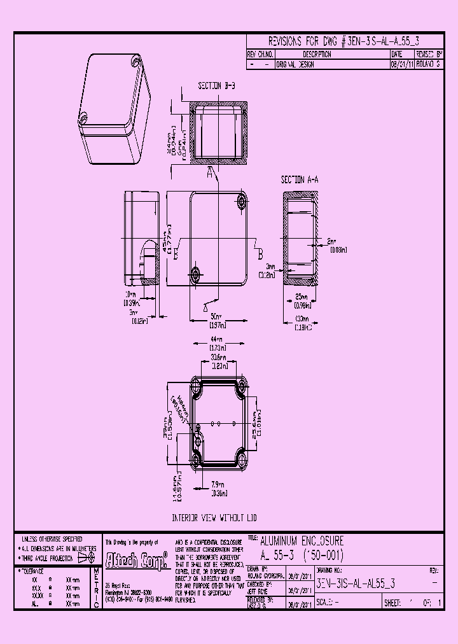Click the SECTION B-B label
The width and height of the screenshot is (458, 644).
pyautogui.click(x=216, y=85)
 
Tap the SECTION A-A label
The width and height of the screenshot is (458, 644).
pyautogui.click(x=299, y=180)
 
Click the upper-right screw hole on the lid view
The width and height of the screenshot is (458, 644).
pyautogui.click(x=242, y=202)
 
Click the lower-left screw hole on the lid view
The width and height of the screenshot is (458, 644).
pyautogui.click(x=195, y=274)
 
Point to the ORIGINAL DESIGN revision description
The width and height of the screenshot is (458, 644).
pyautogui.click(x=295, y=65)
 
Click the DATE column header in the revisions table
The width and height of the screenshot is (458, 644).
pyautogui.click(x=398, y=55)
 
